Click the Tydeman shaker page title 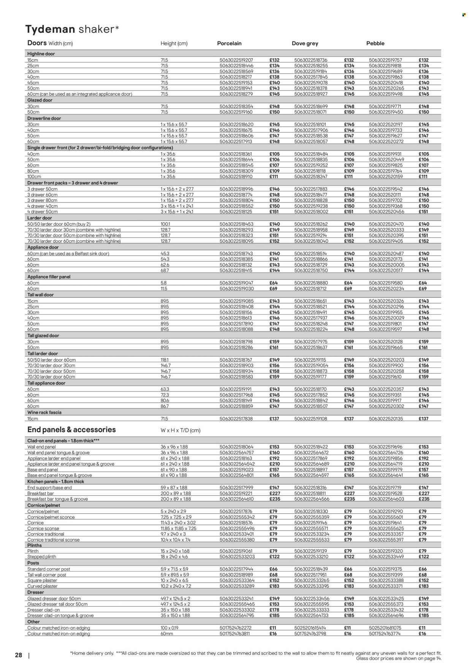pos(70,29)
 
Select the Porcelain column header pos(229,43)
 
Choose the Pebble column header pos(375,43)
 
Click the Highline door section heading pos(41,54)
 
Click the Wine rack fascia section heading pos(44,412)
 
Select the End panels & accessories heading pos(71,430)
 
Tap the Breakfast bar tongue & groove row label pos(57,499)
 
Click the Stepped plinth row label pos(42,557)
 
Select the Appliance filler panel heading pos(49,277)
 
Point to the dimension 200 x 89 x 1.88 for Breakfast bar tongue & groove pos(176,499)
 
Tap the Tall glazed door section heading pos(44,336)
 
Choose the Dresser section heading pos(36,592)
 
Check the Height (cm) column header pos(174,44)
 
